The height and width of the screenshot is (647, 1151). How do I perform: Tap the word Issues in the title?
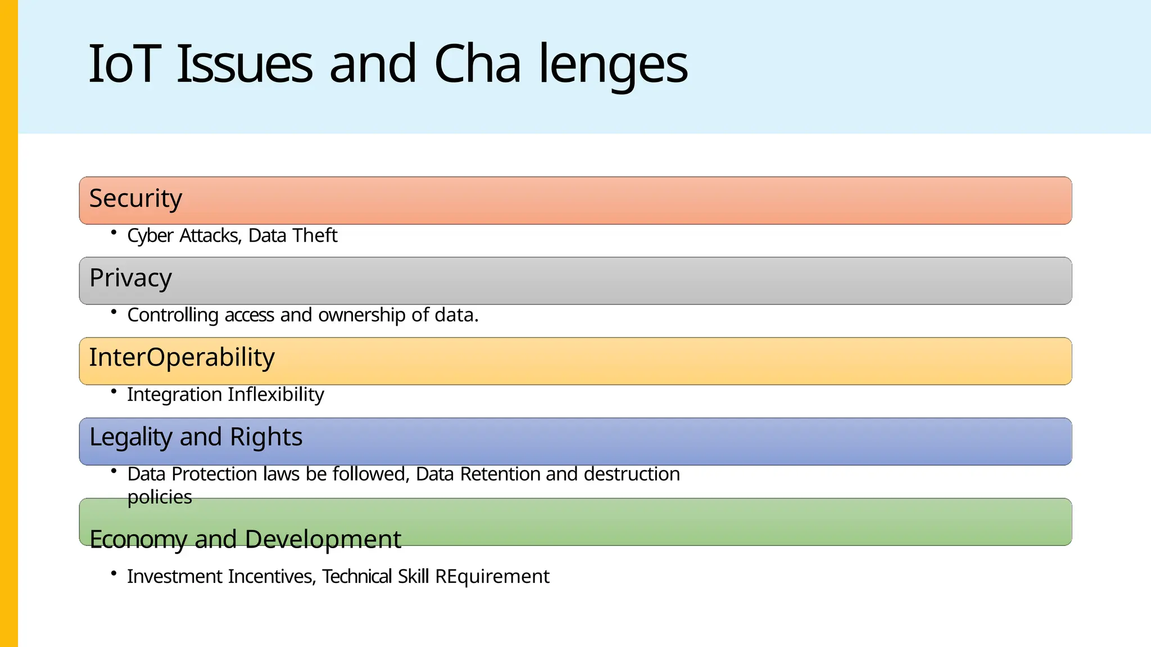[244, 64]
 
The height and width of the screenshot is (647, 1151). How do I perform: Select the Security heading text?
[135, 199]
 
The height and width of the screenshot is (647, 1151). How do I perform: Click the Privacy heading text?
[130, 279]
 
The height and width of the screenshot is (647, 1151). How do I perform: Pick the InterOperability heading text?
[182, 358]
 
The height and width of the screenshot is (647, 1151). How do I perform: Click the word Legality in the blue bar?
[130, 438]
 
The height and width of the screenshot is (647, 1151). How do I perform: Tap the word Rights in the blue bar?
[266, 438]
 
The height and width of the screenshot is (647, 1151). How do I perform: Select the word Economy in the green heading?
[138, 540]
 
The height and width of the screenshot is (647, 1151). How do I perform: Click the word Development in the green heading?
[323, 540]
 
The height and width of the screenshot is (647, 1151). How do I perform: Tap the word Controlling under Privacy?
[173, 315]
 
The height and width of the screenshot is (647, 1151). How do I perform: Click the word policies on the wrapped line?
[160, 498]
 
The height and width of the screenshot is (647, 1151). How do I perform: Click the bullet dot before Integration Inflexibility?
[114, 391]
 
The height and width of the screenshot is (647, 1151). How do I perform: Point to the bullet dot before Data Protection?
[114, 471]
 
